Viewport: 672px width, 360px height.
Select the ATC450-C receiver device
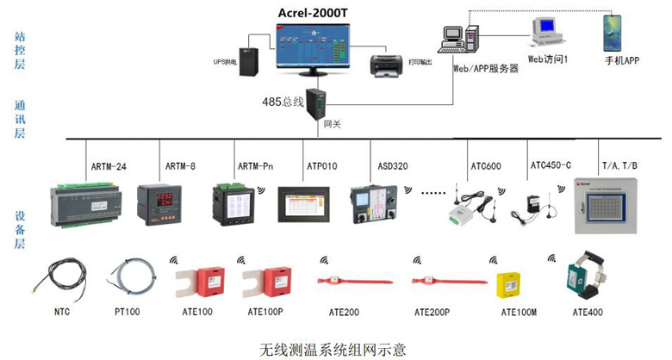point(528,208)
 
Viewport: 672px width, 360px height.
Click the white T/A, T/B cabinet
point(609,206)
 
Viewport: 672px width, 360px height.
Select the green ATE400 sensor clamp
point(585,276)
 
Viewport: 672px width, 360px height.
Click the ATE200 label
point(340,312)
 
